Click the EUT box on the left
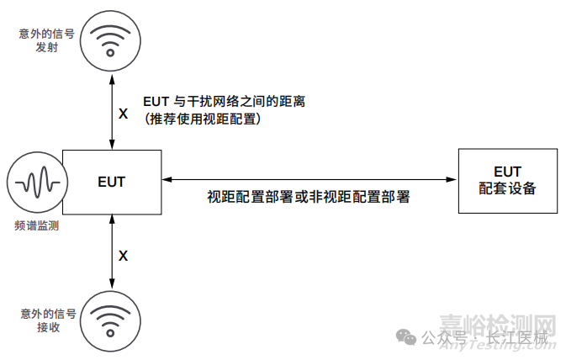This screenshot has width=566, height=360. click(112, 181)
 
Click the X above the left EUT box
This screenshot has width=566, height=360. click(124, 113)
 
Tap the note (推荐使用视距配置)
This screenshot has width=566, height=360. click(205, 119)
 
